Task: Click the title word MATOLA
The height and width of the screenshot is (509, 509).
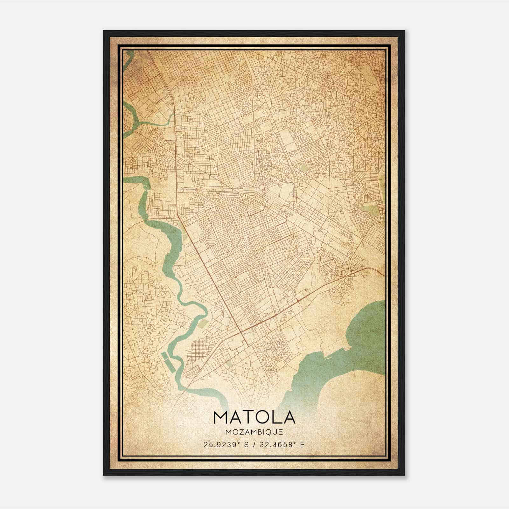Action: click(254, 417)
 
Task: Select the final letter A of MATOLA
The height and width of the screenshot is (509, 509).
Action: click(289, 417)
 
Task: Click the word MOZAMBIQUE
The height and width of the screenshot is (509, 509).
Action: click(254, 432)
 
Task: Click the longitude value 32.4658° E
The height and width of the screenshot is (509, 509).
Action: click(280, 444)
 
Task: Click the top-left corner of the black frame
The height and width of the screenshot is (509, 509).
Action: click(104, 31)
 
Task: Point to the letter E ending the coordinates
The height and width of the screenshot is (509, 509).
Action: click(302, 444)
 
